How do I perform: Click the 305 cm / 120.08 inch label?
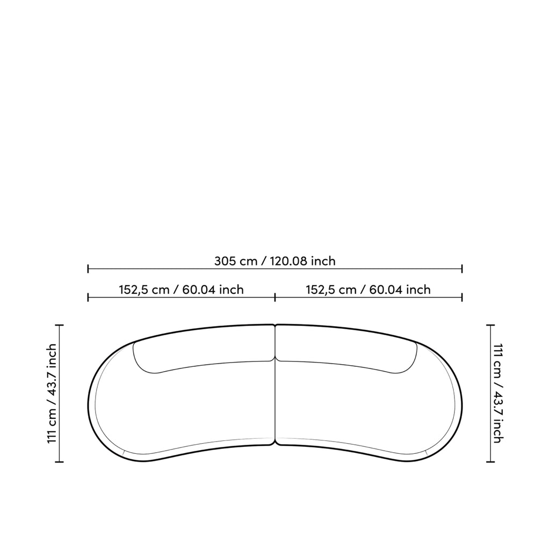pos(275,261)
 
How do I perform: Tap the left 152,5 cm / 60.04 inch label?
pos(182,290)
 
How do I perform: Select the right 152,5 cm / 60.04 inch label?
pos(368,290)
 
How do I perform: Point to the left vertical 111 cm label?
pos(52,393)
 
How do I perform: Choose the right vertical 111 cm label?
pos(498,393)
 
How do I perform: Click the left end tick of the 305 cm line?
pos(88,269)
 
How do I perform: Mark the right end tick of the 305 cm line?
pos(462,269)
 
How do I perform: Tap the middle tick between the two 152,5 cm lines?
pos(275,298)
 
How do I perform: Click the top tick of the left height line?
pos(59,325)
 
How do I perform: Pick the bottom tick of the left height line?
pos(59,462)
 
